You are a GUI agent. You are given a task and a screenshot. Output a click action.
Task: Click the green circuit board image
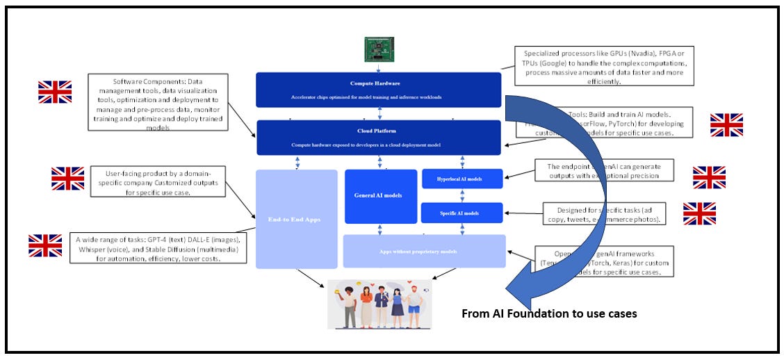(379, 48)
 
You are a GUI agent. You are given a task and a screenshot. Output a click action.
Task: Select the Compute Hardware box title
(379, 83)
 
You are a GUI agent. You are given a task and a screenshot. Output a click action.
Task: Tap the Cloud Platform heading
(379, 130)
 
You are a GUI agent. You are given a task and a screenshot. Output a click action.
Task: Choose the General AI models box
(379, 197)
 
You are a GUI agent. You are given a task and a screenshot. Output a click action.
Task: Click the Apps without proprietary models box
(424, 251)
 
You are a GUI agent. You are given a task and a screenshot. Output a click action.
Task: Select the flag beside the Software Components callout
(54, 92)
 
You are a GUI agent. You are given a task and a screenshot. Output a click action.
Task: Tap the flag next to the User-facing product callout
(67, 179)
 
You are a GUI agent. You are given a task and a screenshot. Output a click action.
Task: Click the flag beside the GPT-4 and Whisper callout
(45, 245)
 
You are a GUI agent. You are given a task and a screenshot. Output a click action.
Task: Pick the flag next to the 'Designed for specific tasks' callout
(699, 214)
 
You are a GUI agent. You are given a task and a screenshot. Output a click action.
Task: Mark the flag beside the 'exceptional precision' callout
(709, 177)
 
